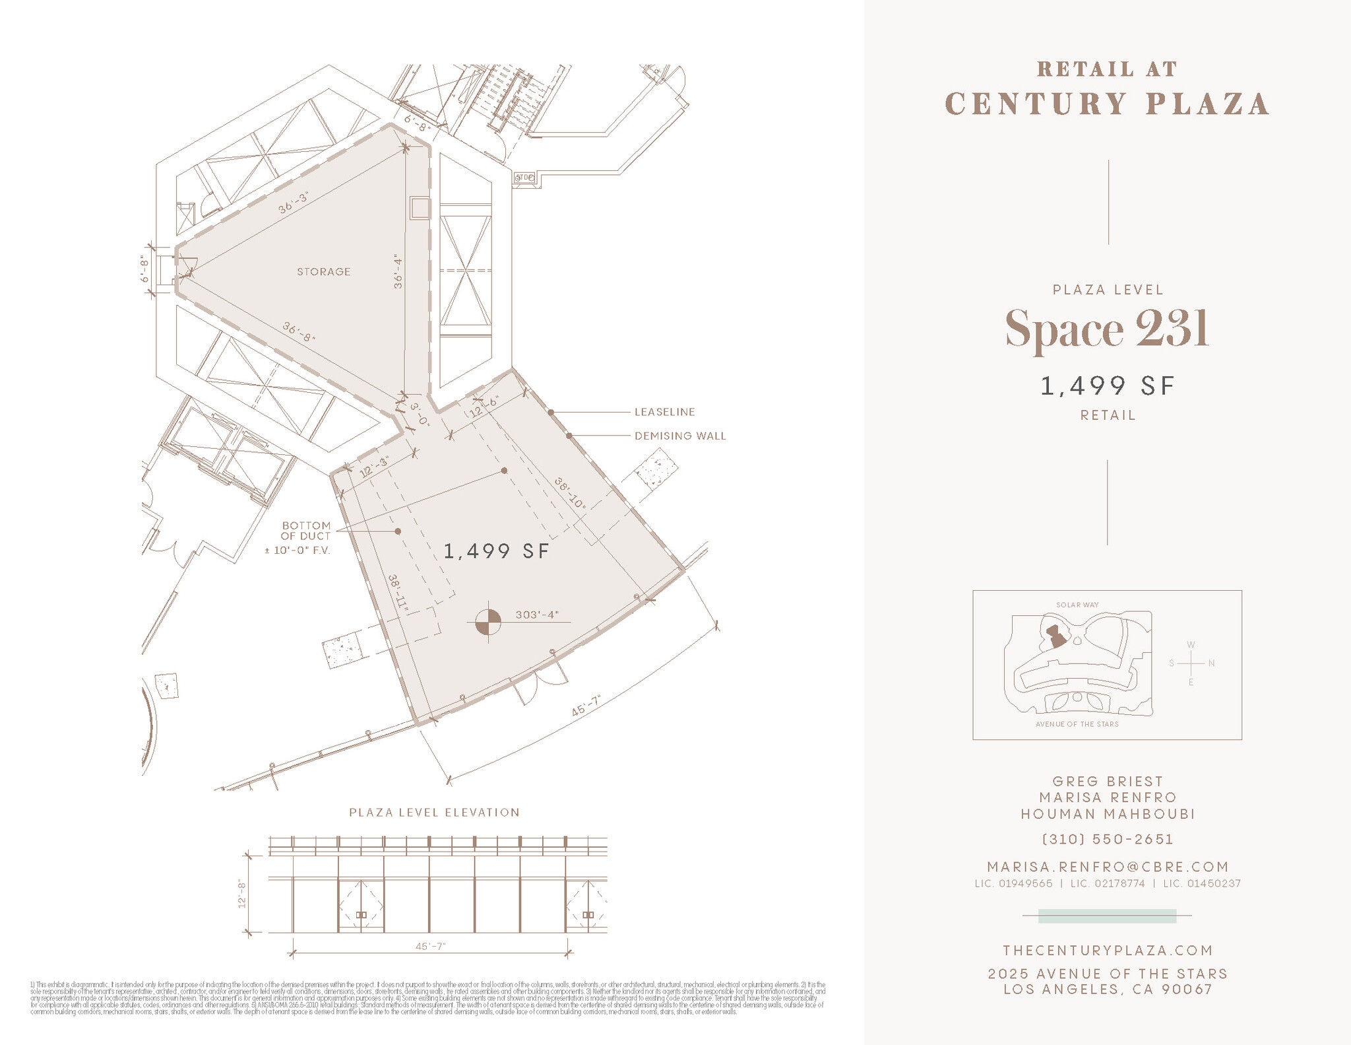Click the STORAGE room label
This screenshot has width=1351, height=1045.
(x=323, y=272)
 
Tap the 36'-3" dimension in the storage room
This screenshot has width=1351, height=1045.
(x=294, y=203)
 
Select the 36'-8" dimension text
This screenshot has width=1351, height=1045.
(x=299, y=332)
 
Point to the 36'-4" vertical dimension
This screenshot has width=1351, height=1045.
(x=398, y=271)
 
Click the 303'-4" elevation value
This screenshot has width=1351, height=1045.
(x=537, y=615)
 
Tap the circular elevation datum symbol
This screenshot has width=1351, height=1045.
(x=488, y=622)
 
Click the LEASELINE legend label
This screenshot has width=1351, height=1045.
(x=664, y=412)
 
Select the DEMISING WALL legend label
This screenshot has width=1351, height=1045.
(x=679, y=436)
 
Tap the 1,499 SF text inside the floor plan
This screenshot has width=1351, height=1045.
(x=496, y=551)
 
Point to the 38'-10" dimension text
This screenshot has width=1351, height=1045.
(x=571, y=493)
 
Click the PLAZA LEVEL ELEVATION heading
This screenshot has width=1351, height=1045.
(x=434, y=813)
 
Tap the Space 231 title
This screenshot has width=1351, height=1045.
(x=1107, y=329)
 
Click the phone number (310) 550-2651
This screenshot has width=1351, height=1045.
(x=1108, y=840)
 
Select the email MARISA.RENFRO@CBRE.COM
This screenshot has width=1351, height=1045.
(x=1108, y=867)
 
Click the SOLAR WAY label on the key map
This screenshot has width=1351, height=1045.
(x=1077, y=605)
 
